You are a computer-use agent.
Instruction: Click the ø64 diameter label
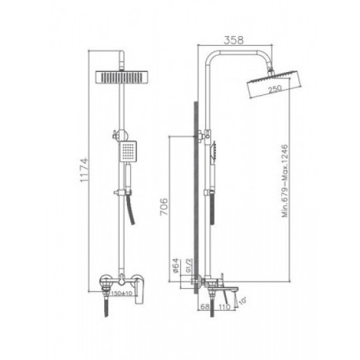pos(175,264)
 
